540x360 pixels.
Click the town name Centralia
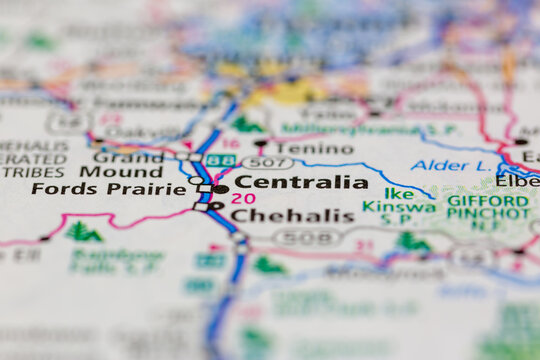(300, 182)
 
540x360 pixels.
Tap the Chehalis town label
(293, 215)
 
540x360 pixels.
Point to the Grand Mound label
(128, 164)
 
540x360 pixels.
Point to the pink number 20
(242, 198)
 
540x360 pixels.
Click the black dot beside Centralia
(221, 188)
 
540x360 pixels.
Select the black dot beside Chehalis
(217, 207)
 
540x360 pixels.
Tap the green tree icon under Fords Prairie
(82, 232)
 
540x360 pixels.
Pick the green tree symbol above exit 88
(246, 125)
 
